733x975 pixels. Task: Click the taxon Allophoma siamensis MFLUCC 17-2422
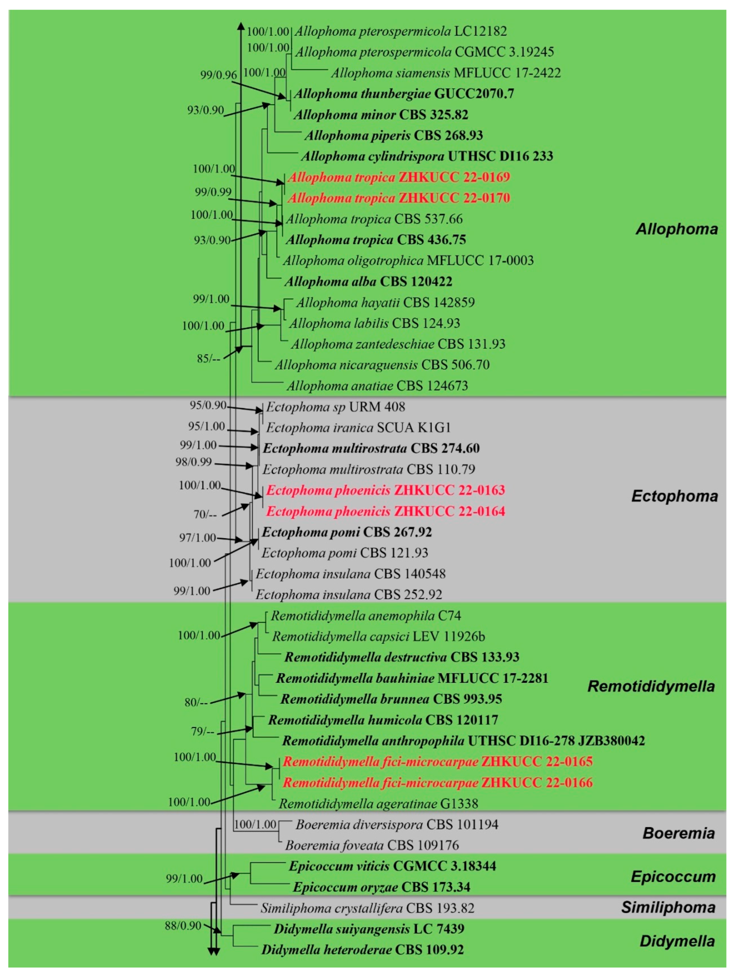pos(445,73)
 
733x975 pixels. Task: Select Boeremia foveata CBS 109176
pos(371,845)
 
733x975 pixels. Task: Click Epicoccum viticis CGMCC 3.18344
pos(392,866)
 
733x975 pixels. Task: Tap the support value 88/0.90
pos(183,926)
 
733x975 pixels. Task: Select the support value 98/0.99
pos(193,462)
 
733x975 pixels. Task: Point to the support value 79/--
pos(202,732)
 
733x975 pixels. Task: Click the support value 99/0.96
pos(218,75)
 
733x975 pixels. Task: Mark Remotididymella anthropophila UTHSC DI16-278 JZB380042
pos(463,741)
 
